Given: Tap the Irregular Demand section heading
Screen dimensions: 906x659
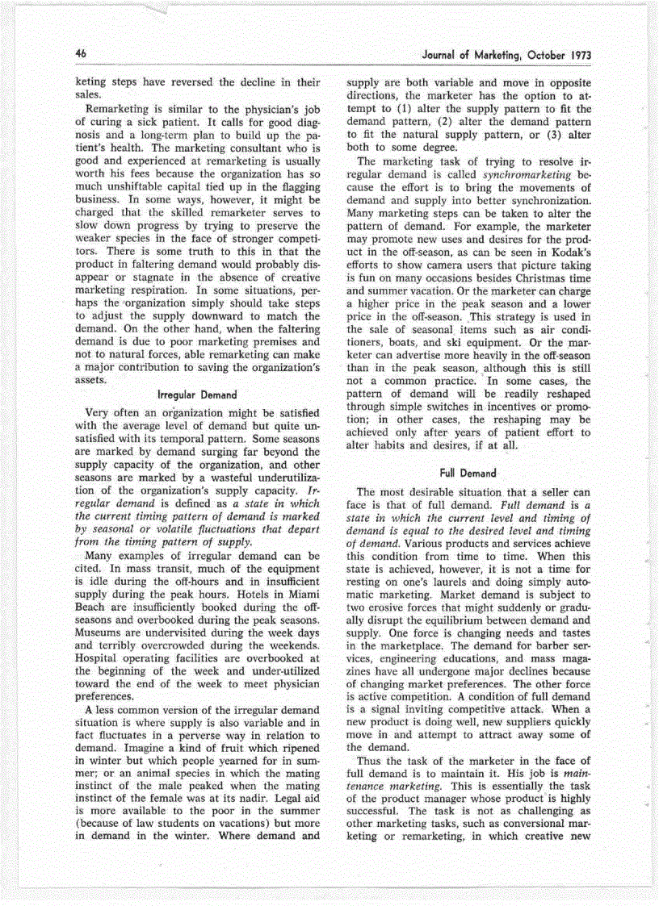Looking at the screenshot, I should click(x=197, y=395).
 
